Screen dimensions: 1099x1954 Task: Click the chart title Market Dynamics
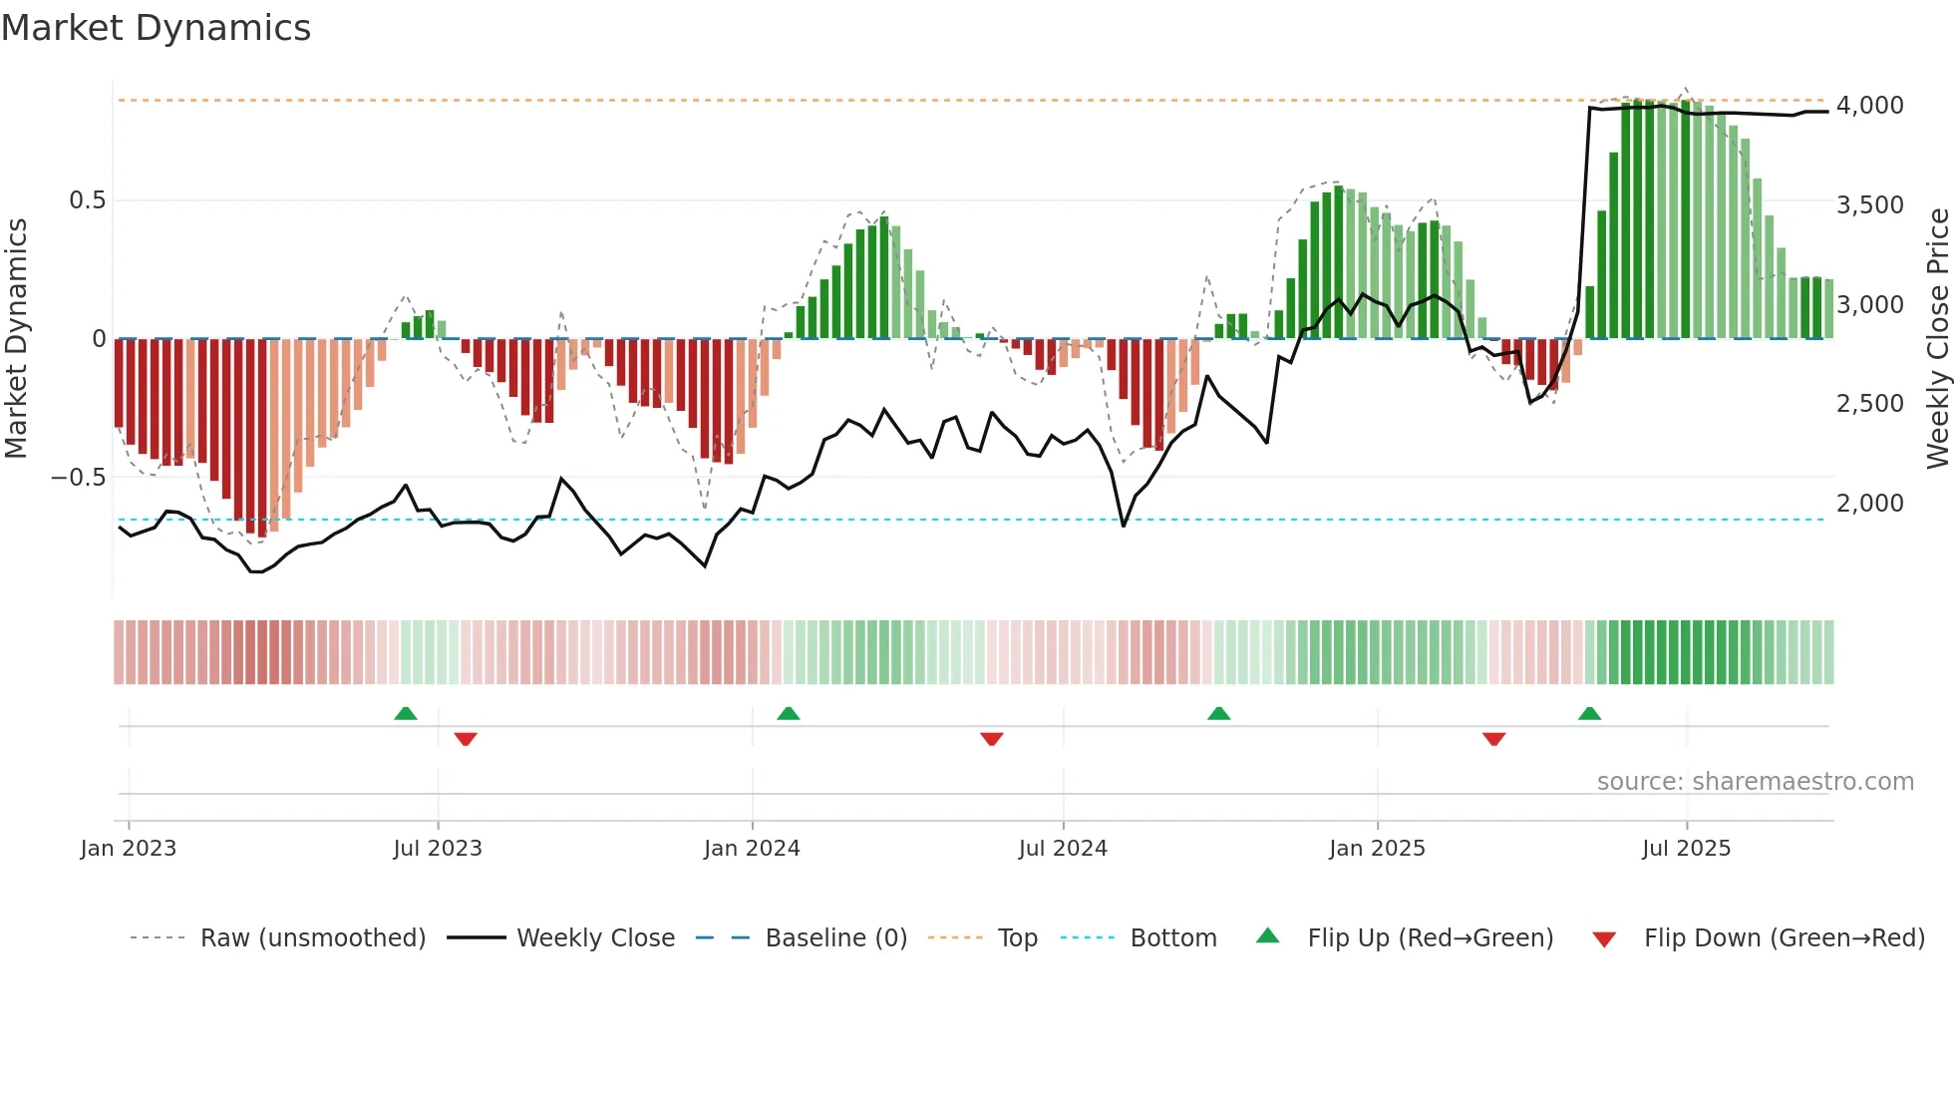pos(156,28)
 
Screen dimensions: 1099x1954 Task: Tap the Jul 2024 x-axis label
pos(1063,849)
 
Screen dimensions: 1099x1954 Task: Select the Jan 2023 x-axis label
pos(129,849)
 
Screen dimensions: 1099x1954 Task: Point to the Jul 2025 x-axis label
pos(1686,849)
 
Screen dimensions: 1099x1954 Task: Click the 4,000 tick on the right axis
pos(1869,106)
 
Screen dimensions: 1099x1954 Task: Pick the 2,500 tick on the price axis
pos(1869,404)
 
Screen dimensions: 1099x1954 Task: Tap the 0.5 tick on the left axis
pos(87,200)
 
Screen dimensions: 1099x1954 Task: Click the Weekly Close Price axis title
pos(1937,339)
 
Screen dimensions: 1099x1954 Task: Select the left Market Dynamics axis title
pos(16,339)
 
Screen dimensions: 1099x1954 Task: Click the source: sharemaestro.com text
pos(1755,782)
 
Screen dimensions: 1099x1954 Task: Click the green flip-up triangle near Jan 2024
pos(788,714)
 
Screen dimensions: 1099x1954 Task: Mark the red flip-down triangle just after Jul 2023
pos(466,739)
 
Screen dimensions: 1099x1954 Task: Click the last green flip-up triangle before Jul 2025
pos(1589,714)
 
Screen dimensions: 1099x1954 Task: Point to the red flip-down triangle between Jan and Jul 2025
pos(1493,739)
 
